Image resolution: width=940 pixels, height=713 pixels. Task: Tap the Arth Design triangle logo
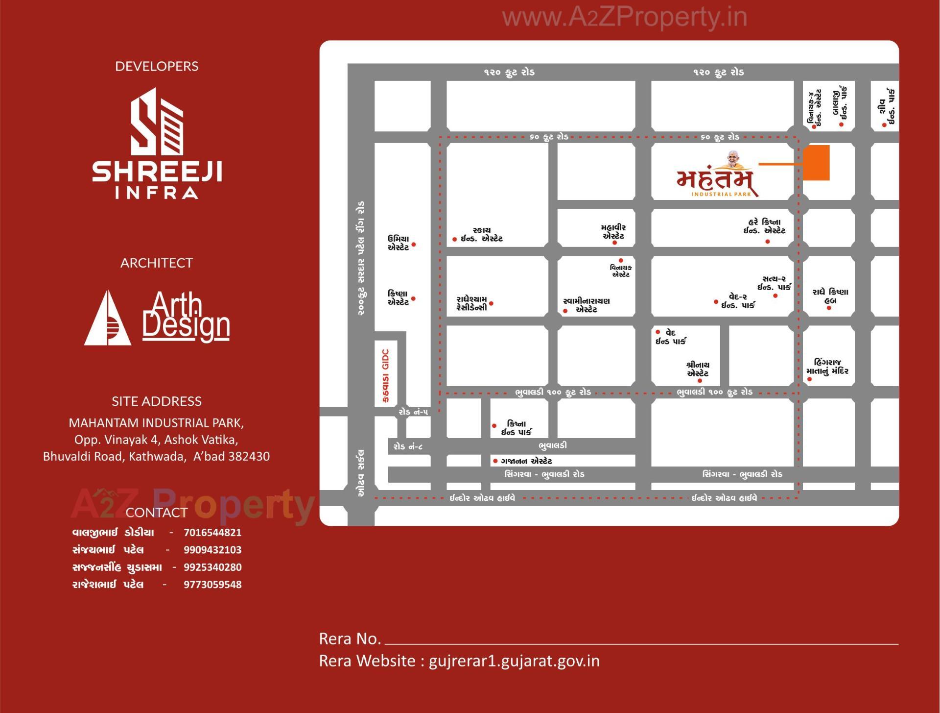[x=108, y=318]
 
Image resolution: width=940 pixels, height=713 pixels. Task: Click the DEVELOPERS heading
[x=157, y=66]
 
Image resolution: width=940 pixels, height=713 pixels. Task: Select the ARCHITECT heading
[x=157, y=263]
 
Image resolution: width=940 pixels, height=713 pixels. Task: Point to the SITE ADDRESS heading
[x=157, y=401]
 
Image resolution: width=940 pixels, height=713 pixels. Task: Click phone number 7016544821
[x=212, y=533]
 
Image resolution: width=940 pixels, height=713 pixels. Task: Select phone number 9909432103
[x=212, y=550]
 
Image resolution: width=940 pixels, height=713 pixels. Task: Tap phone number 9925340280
[x=212, y=567]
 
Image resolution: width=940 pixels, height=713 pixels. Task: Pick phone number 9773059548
[x=212, y=585]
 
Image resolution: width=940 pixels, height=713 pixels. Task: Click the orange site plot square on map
[x=816, y=163]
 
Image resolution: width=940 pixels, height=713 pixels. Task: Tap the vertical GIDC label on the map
[x=386, y=375]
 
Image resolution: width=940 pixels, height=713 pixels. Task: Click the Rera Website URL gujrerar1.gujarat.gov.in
[x=514, y=661]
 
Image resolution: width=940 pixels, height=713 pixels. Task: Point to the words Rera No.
[x=350, y=639]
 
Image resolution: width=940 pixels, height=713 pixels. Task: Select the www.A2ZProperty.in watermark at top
[x=625, y=18]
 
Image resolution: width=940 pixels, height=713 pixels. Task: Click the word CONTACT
[x=157, y=513]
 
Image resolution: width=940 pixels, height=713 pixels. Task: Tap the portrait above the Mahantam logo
[x=733, y=158]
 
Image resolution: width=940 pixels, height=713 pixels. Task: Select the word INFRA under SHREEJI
[x=157, y=193]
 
